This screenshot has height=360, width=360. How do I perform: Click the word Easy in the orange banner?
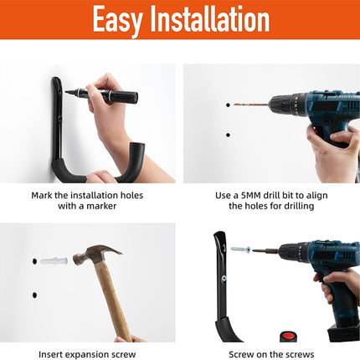tap(117, 20)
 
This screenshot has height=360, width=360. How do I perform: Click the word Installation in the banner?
tap(210, 18)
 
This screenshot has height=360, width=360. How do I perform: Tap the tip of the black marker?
tap(66, 92)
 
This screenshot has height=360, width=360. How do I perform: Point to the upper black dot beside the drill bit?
tap(228, 105)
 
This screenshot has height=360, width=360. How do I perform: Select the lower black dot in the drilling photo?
tap(228, 135)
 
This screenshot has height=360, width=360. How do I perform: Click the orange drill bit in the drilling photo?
tap(250, 105)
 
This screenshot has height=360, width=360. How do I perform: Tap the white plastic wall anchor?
tap(54, 261)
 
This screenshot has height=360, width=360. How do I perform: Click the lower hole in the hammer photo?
tap(34, 295)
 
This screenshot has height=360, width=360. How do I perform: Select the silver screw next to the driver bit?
tap(240, 249)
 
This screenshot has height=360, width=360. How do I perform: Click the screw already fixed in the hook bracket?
tap(224, 278)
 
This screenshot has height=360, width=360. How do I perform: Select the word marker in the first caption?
tap(101, 206)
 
